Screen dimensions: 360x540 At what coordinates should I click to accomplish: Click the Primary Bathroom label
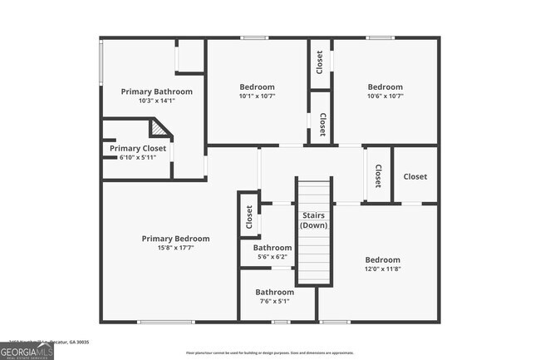[x=156, y=91]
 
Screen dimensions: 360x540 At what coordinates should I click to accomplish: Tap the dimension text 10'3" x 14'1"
[x=156, y=101]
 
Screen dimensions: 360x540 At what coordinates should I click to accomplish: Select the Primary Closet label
[x=138, y=148]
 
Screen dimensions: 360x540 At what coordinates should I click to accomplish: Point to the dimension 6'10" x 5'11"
[x=138, y=157]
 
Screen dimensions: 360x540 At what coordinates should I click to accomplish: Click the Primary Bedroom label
[x=175, y=239]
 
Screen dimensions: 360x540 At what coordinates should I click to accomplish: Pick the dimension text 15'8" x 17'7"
[x=175, y=248]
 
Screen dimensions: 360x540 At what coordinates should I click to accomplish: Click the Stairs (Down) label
[x=314, y=220]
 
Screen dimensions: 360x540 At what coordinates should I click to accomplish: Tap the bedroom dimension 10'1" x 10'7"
[x=257, y=96]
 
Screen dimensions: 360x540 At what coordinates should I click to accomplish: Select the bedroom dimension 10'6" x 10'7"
[x=385, y=96]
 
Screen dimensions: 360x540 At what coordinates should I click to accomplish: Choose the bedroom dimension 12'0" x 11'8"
[x=382, y=269]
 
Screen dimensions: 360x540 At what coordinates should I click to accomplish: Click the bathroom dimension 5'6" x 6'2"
[x=272, y=258]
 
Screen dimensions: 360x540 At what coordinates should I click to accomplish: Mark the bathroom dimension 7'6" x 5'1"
[x=274, y=302]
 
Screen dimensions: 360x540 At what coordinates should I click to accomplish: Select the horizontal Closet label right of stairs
[x=415, y=176]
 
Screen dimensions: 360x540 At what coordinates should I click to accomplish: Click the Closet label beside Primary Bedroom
[x=249, y=218]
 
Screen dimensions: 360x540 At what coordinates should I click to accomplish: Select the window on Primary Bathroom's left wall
[x=102, y=62]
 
